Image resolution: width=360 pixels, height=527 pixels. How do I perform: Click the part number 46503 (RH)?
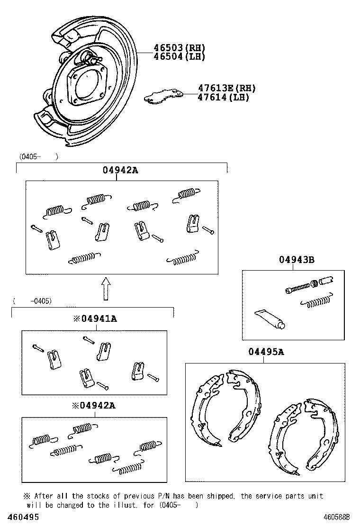point(179,47)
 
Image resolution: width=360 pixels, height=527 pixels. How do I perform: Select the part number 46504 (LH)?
point(179,56)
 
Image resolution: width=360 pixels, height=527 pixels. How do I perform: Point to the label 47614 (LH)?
point(223,97)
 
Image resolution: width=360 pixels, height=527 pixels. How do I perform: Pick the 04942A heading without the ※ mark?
point(120,171)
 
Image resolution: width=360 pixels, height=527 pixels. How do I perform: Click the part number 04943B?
point(297,259)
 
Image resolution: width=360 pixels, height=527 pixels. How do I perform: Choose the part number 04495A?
point(266,352)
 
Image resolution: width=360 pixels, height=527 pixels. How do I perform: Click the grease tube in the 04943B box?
point(269,318)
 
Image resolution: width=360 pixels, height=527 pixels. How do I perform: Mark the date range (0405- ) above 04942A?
point(38,156)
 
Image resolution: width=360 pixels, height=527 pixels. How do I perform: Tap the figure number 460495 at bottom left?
point(20,517)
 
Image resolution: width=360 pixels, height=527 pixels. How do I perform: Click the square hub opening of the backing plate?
point(89,83)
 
